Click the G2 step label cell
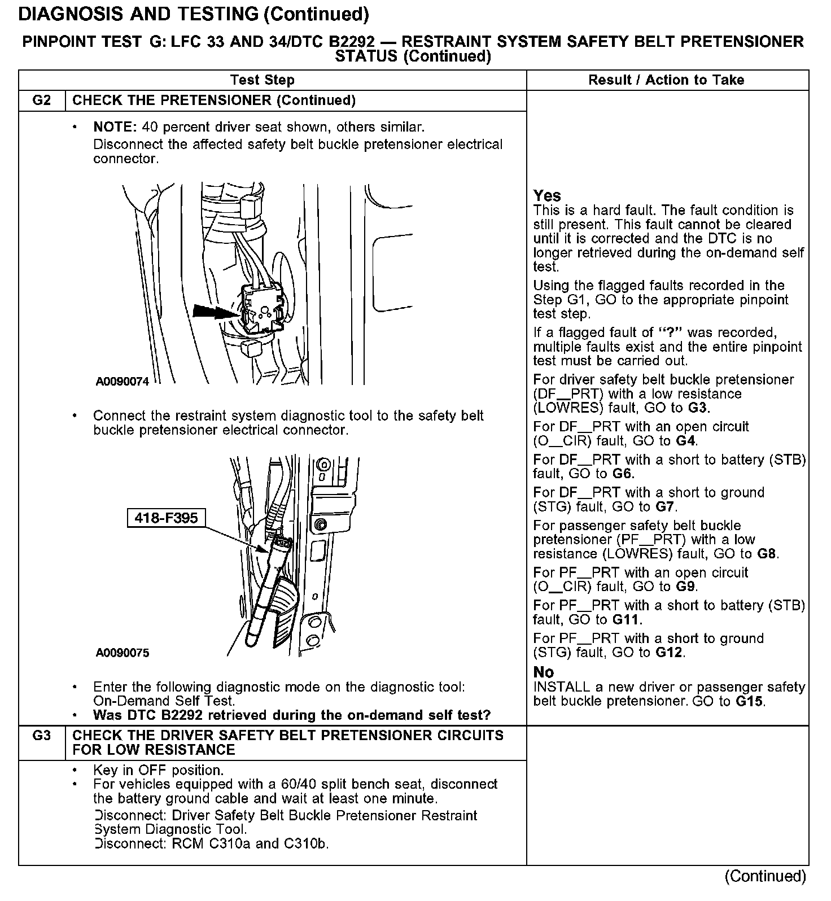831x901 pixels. (42, 100)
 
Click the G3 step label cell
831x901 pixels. (42, 736)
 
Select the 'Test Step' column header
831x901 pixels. (263, 80)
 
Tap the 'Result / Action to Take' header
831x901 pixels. (666, 80)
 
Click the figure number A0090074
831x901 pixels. (123, 382)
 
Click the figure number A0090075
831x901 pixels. (123, 653)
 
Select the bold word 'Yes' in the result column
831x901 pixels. (547, 196)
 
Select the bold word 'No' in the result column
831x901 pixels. (544, 672)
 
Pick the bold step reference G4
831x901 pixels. (685, 441)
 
